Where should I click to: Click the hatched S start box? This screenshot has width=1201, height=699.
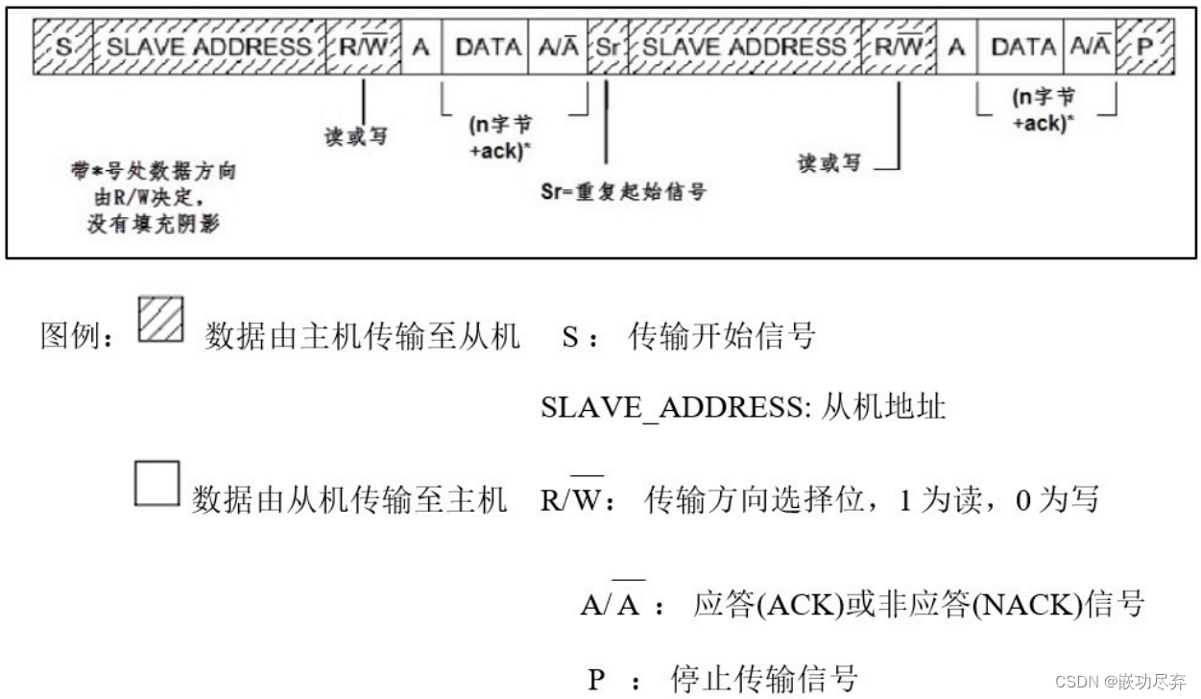click(x=62, y=46)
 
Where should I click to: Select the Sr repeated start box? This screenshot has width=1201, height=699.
click(x=606, y=46)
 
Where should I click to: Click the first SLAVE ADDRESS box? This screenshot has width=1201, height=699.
click(x=208, y=46)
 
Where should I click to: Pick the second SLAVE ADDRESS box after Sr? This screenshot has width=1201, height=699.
click(x=745, y=46)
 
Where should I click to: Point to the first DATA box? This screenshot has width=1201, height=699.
click(x=486, y=46)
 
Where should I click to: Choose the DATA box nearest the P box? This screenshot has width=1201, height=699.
click(x=1021, y=46)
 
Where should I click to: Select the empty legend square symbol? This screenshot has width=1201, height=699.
click(x=156, y=484)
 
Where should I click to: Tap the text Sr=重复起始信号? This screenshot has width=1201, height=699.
click(x=623, y=192)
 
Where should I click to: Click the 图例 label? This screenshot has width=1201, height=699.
click(x=77, y=336)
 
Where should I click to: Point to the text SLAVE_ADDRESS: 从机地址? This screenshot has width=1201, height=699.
click(x=743, y=407)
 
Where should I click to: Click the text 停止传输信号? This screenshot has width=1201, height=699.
click(x=763, y=679)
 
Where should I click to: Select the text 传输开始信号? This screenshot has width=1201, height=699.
click(x=721, y=336)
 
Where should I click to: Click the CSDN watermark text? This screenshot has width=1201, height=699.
click(x=1119, y=681)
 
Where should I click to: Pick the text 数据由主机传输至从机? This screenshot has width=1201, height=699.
click(x=362, y=336)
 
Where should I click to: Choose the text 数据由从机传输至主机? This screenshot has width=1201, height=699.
click(x=349, y=499)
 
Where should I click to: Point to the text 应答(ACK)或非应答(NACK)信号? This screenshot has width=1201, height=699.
click(x=918, y=605)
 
